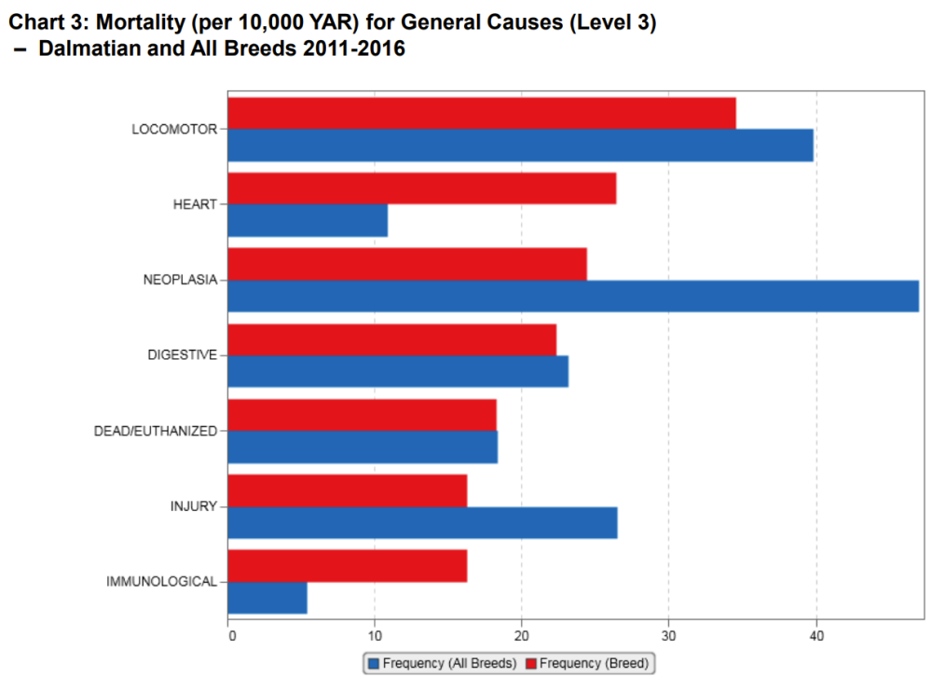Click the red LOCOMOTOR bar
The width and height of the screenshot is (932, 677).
pos(482,113)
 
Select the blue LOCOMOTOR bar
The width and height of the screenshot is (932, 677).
pos(520,145)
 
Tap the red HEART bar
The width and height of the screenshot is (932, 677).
pos(421,188)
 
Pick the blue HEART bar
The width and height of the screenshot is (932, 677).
pos(308,221)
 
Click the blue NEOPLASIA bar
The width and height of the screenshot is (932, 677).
pos(573,297)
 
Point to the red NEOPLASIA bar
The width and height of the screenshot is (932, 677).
pos(407,264)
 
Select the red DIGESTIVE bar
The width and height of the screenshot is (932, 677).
pos(391,339)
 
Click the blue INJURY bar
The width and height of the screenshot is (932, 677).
pos(422,523)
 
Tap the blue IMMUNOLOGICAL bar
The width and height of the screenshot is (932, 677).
pos(267,599)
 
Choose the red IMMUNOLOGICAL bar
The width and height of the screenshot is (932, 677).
pos(347,566)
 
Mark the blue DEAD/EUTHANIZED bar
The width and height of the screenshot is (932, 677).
pos(363,448)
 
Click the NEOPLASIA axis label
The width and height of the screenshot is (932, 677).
pos(180,280)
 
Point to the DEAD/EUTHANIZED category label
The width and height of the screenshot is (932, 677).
pos(156,431)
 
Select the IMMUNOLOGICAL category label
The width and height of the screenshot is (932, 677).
pos(161,582)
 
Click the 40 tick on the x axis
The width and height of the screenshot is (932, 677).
pos(816,637)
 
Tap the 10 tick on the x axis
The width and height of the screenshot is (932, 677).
pos(375,637)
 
